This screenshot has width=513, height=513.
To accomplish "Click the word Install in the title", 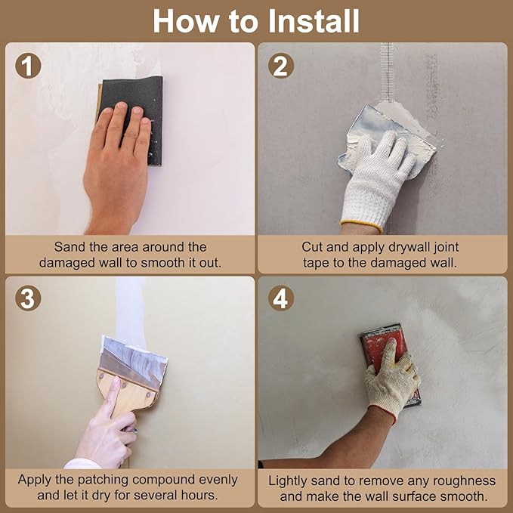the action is (314, 21).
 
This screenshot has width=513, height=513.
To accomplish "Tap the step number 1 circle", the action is (28, 66).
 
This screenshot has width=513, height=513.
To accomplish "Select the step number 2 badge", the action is (281, 66).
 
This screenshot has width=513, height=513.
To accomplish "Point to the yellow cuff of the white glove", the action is (362, 227).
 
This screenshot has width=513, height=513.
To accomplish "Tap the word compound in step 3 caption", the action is (164, 481).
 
